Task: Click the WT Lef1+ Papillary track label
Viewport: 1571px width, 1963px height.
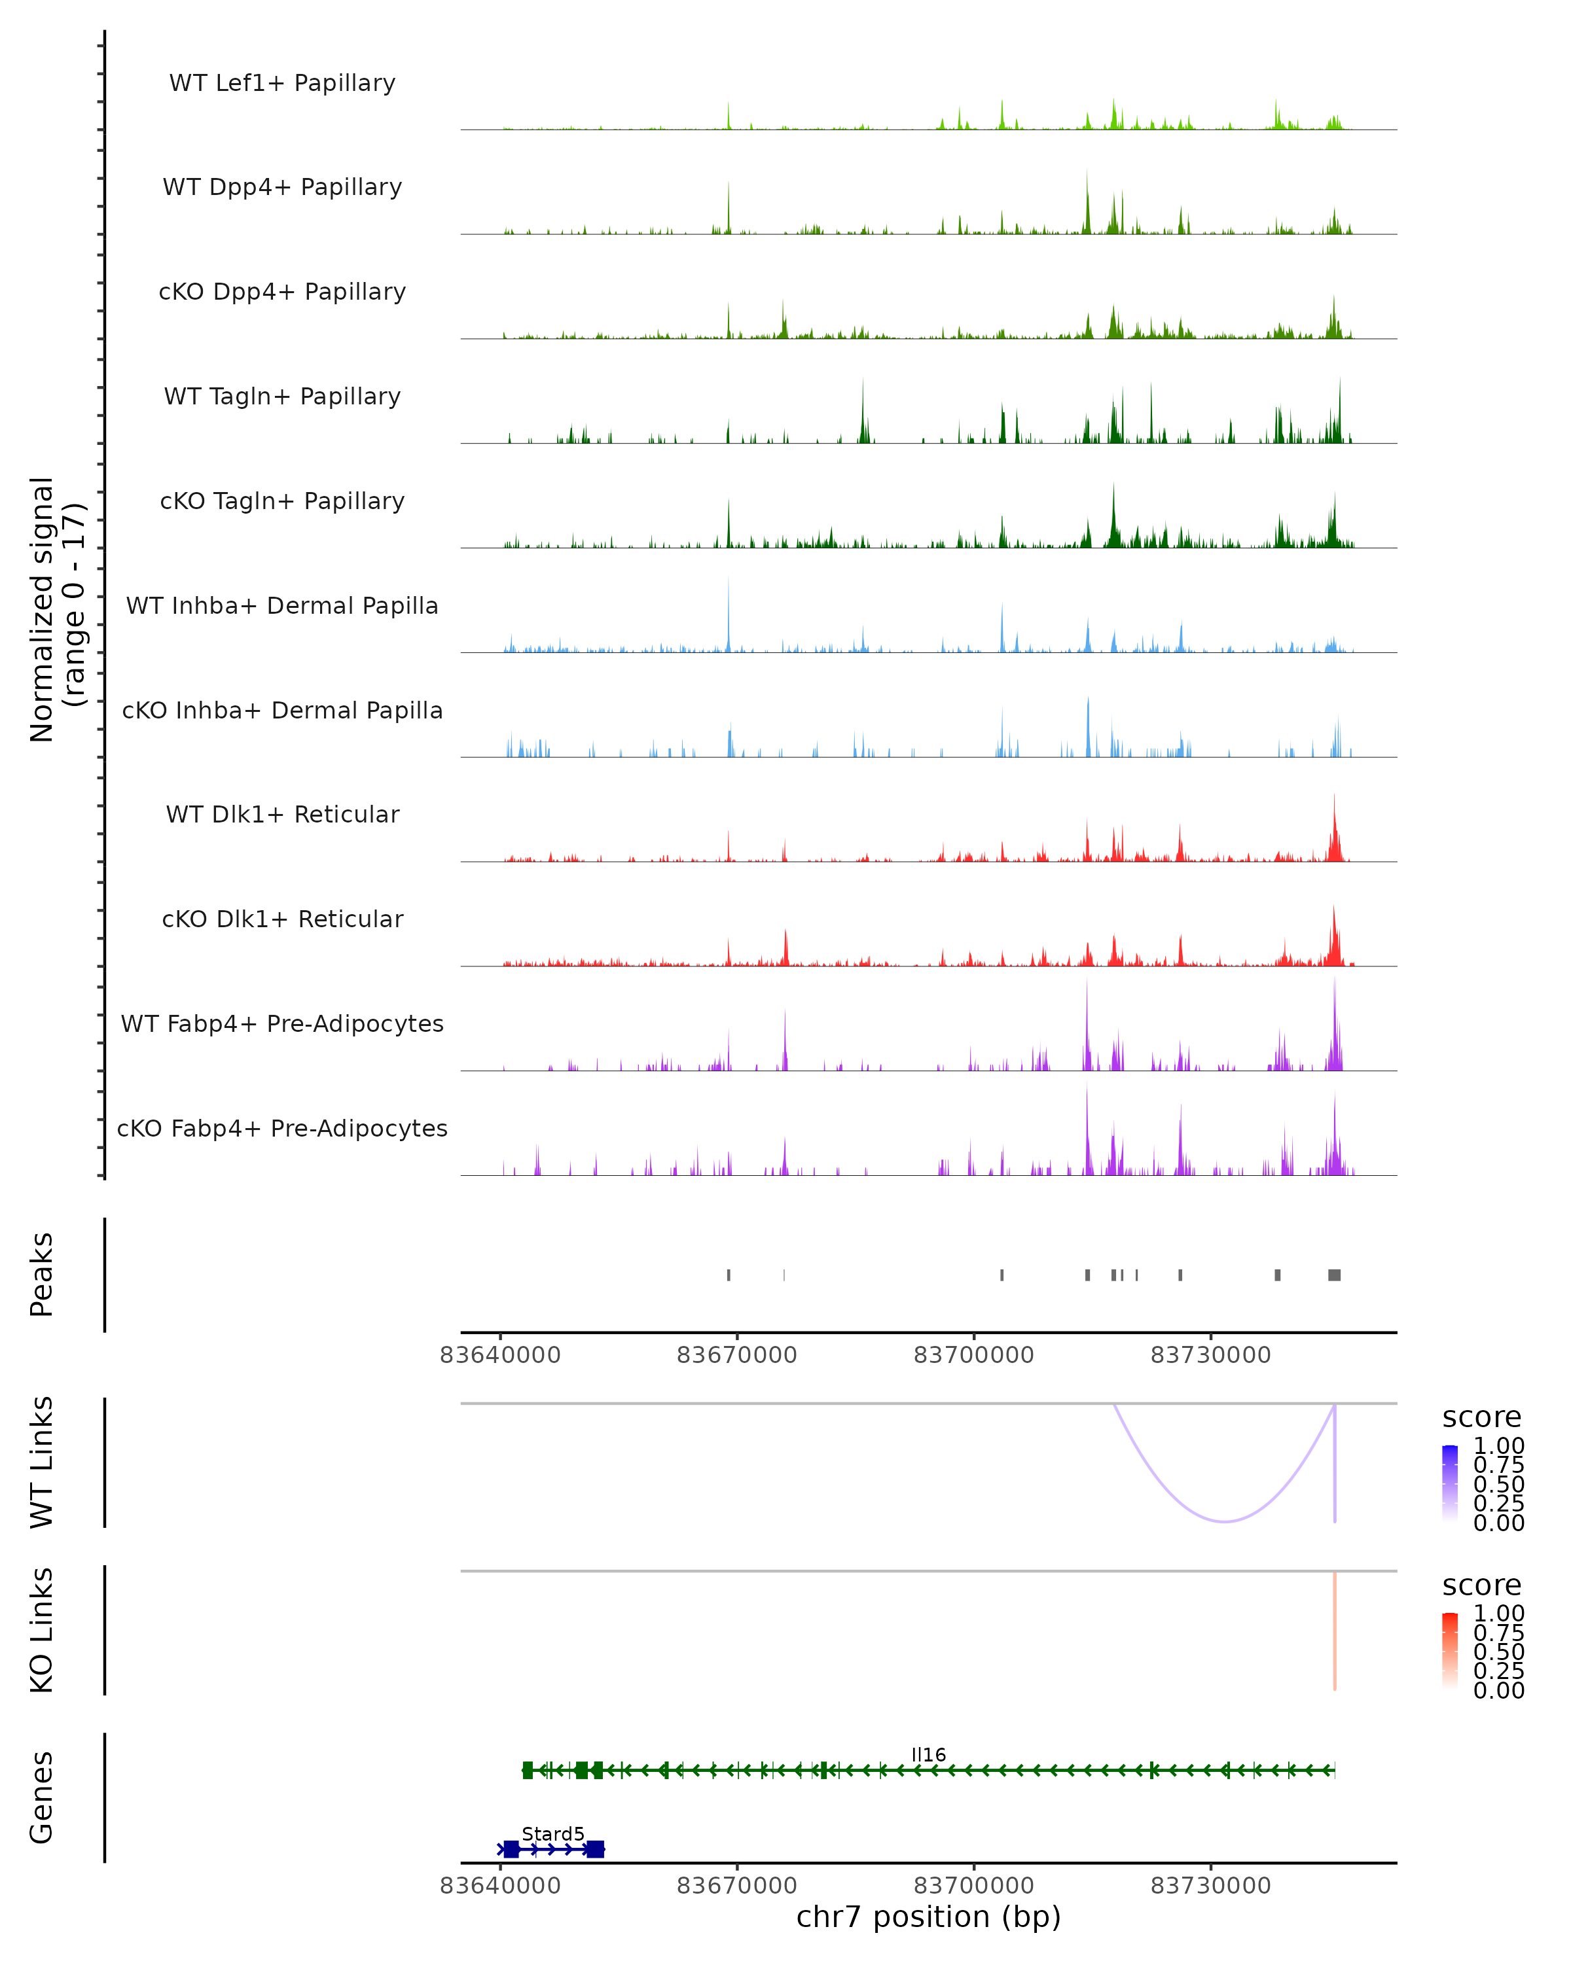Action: (x=282, y=83)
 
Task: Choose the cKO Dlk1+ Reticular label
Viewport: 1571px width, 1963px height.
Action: (x=282, y=919)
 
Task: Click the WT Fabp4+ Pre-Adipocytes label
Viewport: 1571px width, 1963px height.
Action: (x=282, y=1023)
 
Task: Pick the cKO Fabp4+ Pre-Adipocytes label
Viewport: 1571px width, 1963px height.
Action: (x=282, y=1128)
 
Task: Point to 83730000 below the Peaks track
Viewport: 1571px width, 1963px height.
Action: (x=1210, y=1355)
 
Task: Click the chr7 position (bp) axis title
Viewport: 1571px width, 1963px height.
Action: (x=928, y=1917)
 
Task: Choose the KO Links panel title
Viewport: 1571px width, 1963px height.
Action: (x=42, y=1630)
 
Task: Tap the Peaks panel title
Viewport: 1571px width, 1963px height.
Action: (x=42, y=1275)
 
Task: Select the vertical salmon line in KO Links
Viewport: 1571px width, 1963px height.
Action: (x=1334, y=1630)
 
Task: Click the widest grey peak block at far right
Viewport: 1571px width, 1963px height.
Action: (x=1334, y=1275)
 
